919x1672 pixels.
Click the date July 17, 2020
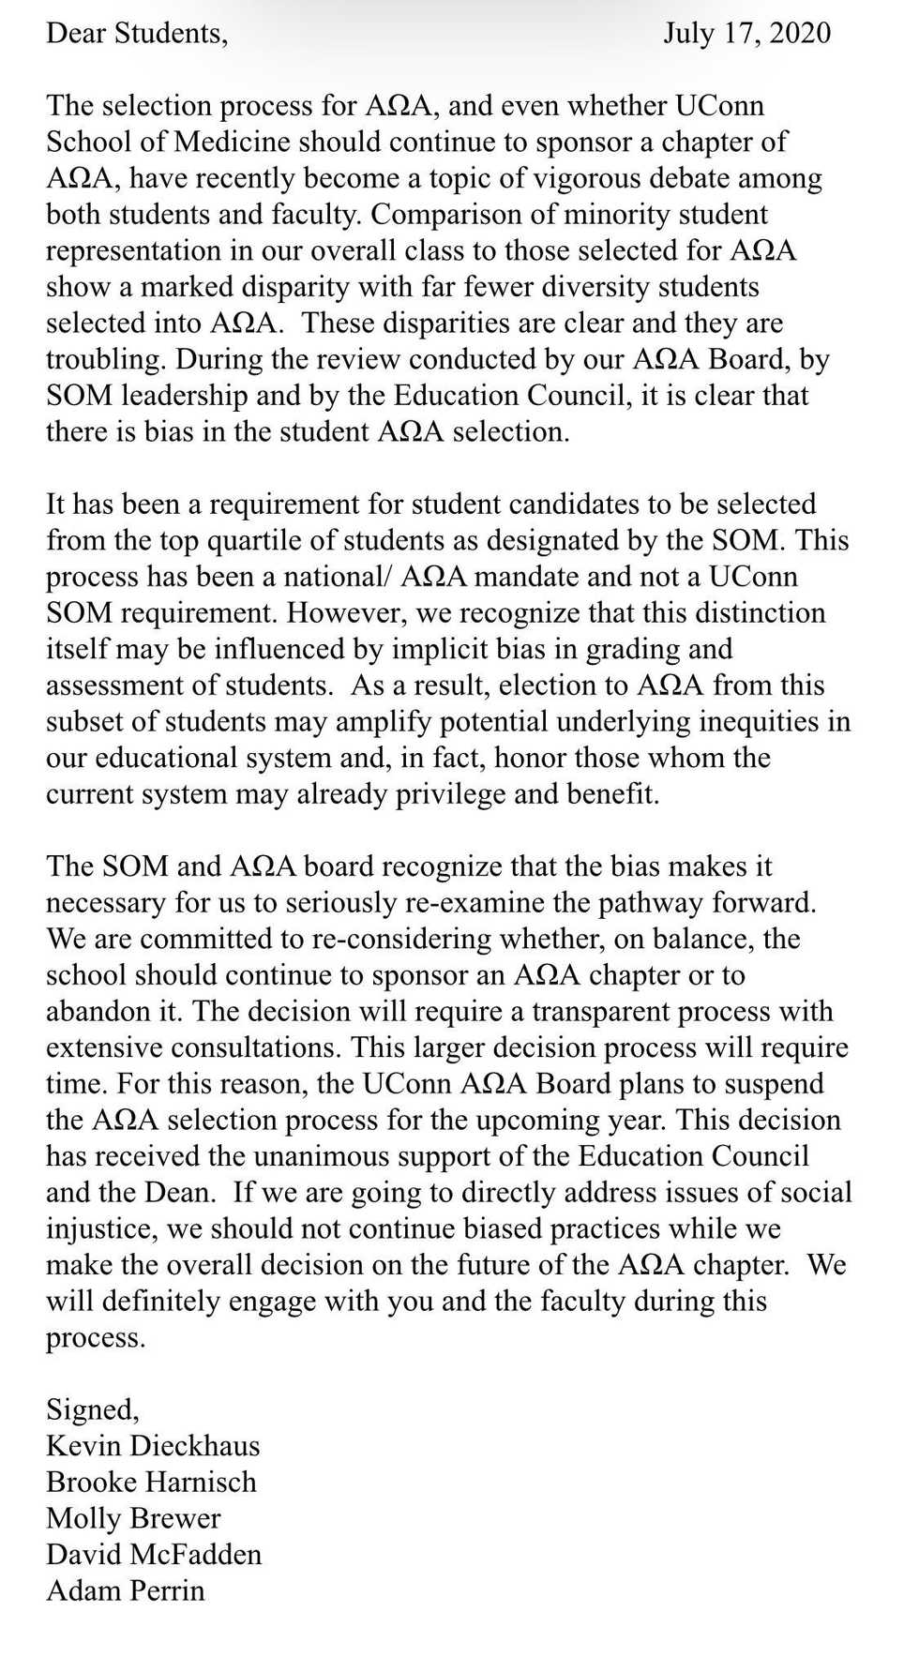click(x=746, y=33)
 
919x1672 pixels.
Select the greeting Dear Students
click(x=136, y=33)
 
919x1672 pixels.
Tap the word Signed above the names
click(x=92, y=1409)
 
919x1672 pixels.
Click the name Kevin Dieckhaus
click(x=153, y=1445)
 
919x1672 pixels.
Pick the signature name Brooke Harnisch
click(x=151, y=1482)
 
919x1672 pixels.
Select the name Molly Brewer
click(x=133, y=1518)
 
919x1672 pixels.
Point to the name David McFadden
click(x=154, y=1554)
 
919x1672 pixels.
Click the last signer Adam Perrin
click(x=126, y=1590)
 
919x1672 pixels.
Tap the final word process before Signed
click(x=95, y=1338)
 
